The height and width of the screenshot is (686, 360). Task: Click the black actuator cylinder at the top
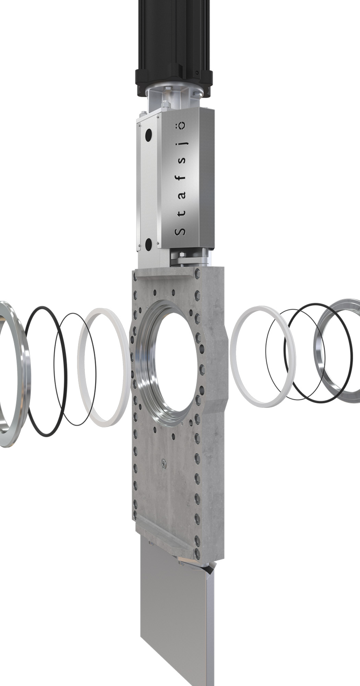[x=174, y=48]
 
